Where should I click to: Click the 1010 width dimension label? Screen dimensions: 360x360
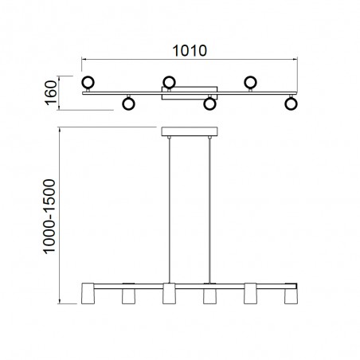[x=190, y=50]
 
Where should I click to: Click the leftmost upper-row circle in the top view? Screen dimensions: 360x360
[x=87, y=81]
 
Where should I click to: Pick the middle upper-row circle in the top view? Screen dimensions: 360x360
[x=169, y=81]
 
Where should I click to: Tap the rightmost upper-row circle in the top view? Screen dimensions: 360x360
[x=250, y=81]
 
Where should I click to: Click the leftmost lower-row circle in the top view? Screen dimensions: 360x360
[x=127, y=103]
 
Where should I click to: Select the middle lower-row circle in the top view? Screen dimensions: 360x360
[x=209, y=103]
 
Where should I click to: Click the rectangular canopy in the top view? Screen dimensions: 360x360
[x=190, y=92]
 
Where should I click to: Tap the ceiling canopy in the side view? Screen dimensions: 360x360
[x=190, y=131]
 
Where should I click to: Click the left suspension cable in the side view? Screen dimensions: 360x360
[x=170, y=207]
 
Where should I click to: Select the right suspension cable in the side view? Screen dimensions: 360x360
[x=210, y=207]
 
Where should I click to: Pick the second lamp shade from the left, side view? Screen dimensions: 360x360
[x=127, y=296]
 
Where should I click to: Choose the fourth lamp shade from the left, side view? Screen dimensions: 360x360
[x=210, y=296]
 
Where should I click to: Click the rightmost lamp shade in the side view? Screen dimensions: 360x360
[x=292, y=296]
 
